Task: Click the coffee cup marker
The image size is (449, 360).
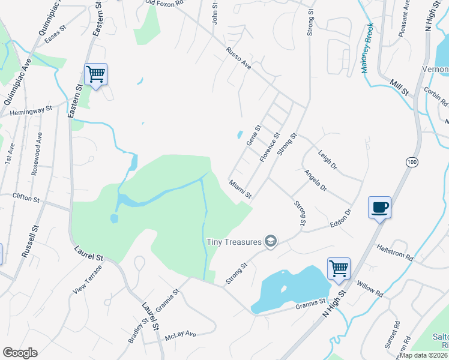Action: [x=379, y=208]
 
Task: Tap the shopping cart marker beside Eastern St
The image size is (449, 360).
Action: [x=96, y=75]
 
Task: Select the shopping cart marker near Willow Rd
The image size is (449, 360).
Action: [x=339, y=269]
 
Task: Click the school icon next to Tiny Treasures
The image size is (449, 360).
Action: [x=271, y=241]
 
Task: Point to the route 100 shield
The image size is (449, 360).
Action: [x=411, y=162]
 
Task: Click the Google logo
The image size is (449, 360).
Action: [x=20, y=352]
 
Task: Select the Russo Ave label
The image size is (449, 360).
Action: [x=238, y=59]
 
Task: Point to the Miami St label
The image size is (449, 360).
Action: [x=240, y=188]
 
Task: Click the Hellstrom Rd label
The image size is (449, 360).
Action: [x=394, y=251]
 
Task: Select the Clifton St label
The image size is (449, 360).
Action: [x=26, y=196]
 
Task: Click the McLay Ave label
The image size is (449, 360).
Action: [x=182, y=333]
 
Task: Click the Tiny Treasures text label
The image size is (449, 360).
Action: [x=234, y=242]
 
